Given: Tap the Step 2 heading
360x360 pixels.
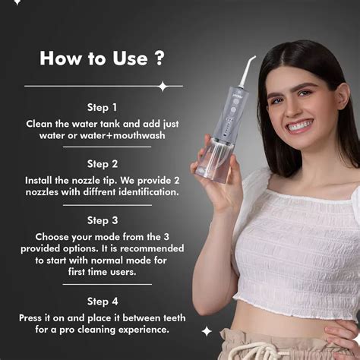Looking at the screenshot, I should tap(102, 163).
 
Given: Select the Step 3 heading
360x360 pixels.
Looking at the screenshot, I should tap(102, 220).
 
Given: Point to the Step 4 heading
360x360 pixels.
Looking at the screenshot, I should tap(102, 302).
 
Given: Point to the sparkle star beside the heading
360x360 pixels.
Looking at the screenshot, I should tap(162, 86).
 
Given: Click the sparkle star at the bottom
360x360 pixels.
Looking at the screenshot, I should tap(207, 331).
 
